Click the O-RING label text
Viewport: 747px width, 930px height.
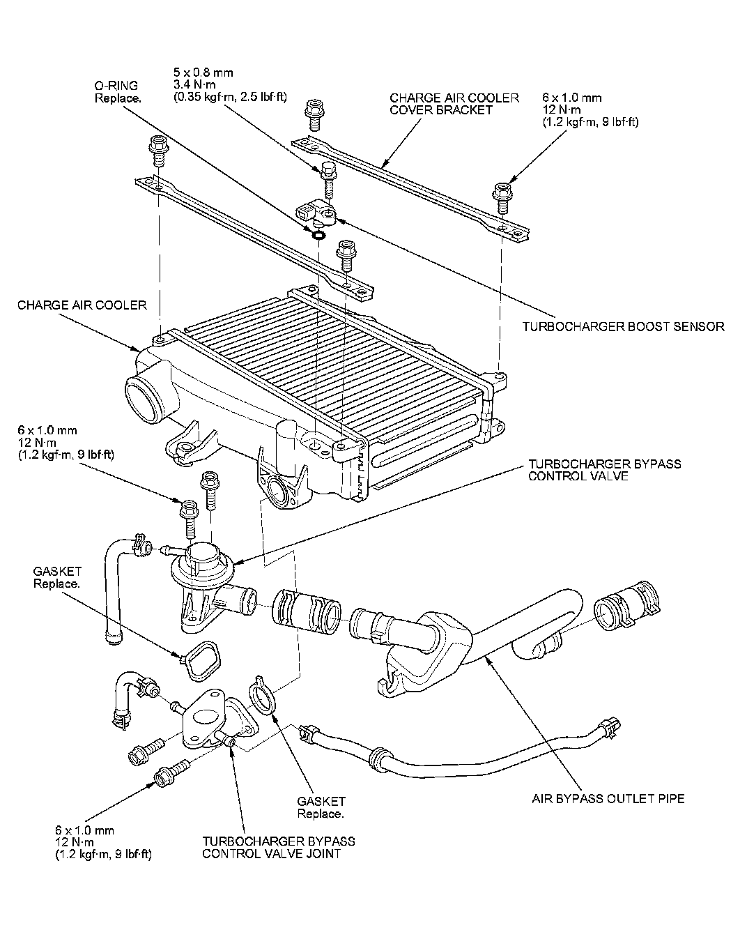[116, 85]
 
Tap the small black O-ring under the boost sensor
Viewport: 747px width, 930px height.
[318, 235]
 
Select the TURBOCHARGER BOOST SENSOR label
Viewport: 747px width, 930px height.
[623, 326]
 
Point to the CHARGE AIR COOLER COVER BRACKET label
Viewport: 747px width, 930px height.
[454, 104]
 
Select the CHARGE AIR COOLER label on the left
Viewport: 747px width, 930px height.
[82, 305]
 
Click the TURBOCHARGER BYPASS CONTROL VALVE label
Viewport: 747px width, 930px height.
[604, 470]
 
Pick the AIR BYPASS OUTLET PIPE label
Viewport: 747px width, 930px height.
[608, 798]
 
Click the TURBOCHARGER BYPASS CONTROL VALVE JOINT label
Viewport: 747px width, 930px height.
[279, 847]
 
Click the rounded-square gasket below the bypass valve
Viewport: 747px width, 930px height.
[202, 660]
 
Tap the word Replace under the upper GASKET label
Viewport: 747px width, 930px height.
[56, 584]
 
